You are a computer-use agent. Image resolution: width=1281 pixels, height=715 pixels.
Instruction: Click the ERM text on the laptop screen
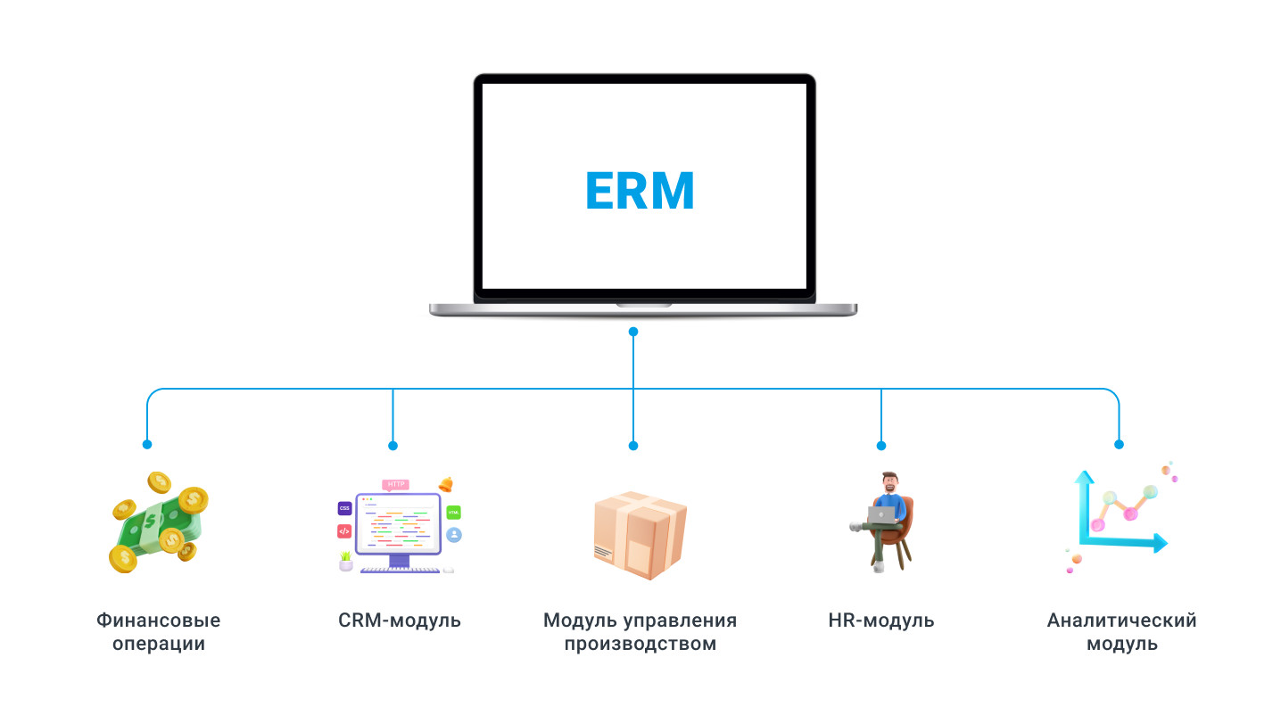640,190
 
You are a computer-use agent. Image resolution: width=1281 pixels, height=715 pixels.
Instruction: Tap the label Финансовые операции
159,631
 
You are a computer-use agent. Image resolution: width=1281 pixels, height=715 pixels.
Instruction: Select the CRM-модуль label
400,620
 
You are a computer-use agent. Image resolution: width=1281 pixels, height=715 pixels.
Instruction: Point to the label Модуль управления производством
640,631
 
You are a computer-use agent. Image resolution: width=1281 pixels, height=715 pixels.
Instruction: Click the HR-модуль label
880,620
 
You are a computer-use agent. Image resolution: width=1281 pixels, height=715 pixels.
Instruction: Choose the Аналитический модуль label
1121,631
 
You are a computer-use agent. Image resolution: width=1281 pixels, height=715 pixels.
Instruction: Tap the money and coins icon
158,522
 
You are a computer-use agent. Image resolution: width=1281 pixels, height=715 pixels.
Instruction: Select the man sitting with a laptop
883,522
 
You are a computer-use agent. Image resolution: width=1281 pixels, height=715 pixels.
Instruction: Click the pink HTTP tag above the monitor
395,484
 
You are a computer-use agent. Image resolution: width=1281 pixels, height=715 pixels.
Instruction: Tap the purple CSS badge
344,508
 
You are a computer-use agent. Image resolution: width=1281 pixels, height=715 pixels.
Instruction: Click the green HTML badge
454,512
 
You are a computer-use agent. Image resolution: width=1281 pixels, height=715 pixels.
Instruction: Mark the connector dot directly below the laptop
633,332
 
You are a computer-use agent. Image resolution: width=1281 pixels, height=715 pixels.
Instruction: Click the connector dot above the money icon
147,444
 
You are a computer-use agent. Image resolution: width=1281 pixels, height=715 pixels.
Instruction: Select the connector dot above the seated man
880,445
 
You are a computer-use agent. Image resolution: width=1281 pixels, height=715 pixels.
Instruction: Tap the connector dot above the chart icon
1119,444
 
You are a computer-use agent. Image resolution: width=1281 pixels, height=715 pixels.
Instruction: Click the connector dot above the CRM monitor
393,445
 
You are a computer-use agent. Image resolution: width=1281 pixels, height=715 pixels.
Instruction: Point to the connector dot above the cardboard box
633,445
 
